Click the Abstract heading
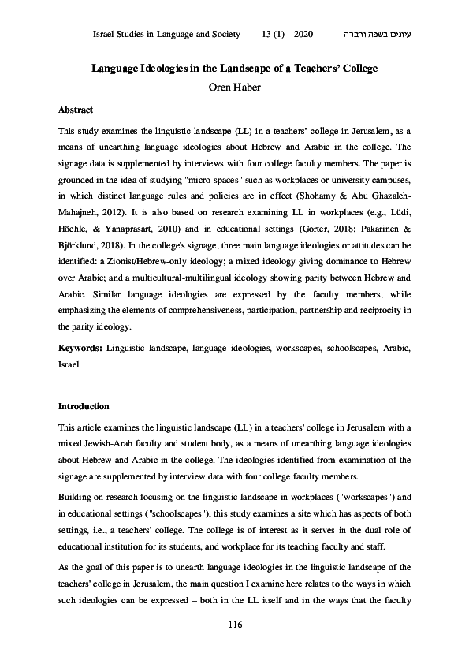(x=76, y=110)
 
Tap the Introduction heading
(x=84, y=407)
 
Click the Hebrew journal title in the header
(x=379, y=35)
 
